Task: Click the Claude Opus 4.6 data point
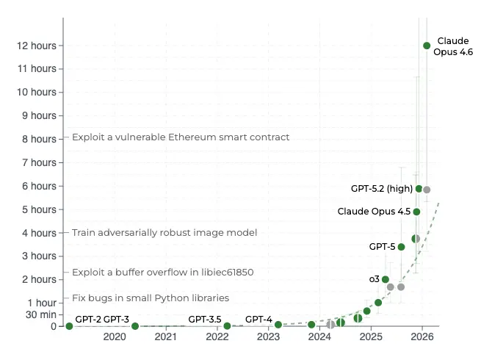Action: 427,46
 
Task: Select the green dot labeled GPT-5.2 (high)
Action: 419,189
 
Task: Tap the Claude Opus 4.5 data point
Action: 416,212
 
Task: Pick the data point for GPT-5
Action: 401,247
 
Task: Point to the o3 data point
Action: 386,279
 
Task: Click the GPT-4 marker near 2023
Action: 278,325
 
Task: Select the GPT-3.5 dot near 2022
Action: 227,325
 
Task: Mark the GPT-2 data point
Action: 69,325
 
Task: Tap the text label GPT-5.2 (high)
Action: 380,189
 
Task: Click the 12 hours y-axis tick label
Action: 37,46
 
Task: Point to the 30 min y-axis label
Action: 40,314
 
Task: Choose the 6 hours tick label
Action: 40,186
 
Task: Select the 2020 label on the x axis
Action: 115,337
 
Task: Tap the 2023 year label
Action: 268,337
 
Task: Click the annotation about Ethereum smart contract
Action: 181,137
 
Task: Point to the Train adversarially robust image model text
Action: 164,232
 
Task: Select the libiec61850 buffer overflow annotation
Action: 162,272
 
